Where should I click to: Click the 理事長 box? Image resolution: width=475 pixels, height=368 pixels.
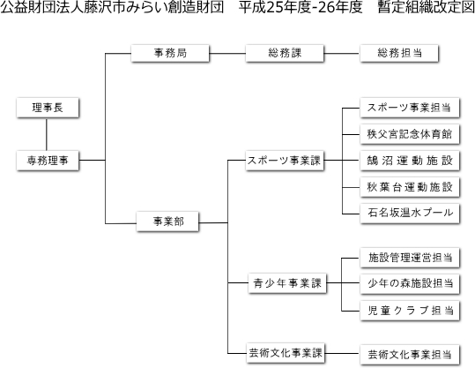[x=48, y=108]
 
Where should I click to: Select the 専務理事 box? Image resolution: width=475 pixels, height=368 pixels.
[x=48, y=161]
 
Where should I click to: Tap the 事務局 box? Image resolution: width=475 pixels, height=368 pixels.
[x=170, y=54]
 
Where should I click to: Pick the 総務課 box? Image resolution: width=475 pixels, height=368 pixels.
[x=285, y=54]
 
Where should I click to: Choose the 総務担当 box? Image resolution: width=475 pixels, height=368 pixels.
[x=399, y=54]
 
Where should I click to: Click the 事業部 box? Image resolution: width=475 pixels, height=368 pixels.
[x=167, y=222]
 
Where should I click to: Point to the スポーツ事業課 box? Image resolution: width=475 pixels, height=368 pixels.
[x=285, y=161]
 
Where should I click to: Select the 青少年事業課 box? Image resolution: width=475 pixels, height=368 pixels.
[x=287, y=283]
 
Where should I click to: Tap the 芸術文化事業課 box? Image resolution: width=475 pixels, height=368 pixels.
[x=286, y=353]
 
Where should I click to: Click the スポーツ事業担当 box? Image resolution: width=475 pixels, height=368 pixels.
[x=410, y=108]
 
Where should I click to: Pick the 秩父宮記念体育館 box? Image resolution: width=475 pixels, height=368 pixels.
[x=410, y=134]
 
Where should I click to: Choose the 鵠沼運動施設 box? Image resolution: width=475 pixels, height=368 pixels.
[x=410, y=161]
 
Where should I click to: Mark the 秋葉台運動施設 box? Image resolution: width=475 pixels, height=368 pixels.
[x=410, y=187]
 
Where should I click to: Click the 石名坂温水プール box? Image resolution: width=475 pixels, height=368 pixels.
[x=410, y=214]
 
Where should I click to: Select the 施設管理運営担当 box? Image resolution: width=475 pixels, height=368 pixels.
[x=410, y=258]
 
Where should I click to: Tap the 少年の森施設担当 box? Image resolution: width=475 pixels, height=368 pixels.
[x=410, y=284]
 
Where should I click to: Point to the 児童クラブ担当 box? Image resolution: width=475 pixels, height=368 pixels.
[x=410, y=311]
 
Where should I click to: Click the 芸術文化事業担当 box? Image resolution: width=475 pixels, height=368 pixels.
[x=410, y=355]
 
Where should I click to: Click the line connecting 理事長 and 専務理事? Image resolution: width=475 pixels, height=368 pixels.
[x=47, y=135]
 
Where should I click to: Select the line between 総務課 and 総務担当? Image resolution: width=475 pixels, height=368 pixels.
[x=342, y=54]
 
